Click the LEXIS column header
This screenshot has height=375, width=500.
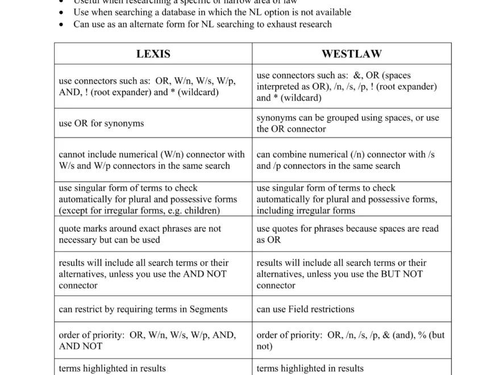point(153,54)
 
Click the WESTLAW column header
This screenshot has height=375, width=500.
point(351,54)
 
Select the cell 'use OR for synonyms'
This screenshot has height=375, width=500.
point(101,123)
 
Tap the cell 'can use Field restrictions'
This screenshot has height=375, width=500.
point(305,309)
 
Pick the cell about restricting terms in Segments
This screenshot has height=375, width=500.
point(143,309)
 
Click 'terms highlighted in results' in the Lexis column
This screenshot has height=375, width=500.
point(112,368)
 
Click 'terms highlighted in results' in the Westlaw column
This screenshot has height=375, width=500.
point(310,368)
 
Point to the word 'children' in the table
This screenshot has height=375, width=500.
point(200,211)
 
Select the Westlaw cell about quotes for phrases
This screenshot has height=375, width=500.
point(347,234)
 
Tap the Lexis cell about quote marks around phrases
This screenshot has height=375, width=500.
point(140,234)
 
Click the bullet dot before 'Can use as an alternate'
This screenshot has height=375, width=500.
point(61,24)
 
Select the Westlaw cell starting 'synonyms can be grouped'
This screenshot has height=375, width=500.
point(347,123)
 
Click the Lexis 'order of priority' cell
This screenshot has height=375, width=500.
point(147,340)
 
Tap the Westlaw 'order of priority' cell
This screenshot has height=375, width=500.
point(350,340)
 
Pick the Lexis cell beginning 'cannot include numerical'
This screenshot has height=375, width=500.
point(152,160)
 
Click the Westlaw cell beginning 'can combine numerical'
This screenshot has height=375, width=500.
point(345,160)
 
